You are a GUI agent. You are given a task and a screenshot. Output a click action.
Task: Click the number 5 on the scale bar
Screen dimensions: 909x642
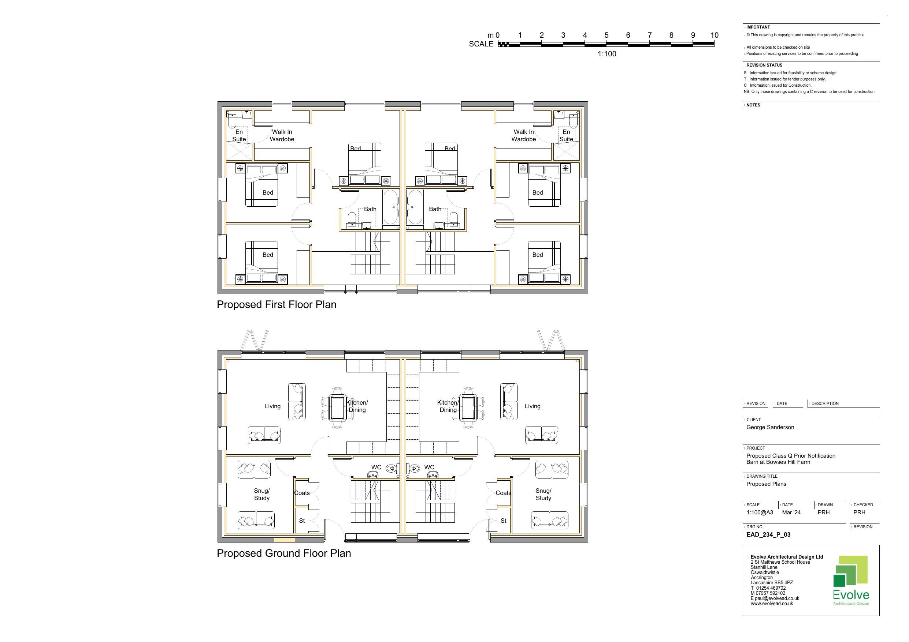pyautogui.click(x=606, y=35)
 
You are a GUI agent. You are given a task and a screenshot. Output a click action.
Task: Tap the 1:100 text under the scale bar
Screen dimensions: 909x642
pyautogui.click(x=606, y=54)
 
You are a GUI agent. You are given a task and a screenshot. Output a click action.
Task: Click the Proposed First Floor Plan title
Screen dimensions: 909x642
pyautogui.click(x=277, y=305)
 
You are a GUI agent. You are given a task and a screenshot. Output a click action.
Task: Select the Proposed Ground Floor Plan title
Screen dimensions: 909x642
pyautogui.click(x=284, y=553)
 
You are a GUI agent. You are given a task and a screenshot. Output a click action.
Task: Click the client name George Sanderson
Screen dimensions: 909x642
pyautogui.click(x=770, y=427)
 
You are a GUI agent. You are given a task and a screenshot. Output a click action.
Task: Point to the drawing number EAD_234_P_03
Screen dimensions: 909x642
pyautogui.click(x=768, y=534)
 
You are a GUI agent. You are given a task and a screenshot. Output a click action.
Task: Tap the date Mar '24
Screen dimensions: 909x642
pyautogui.click(x=791, y=512)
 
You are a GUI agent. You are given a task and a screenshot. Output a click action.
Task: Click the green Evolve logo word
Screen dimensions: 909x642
pyautogui.click(x=851, y=595)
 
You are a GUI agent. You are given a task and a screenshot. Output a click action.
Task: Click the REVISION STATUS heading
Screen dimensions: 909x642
pyautogui.click(x=764, y=65)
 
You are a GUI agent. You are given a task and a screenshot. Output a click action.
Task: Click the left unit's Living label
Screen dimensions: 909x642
pyautogui.click(x=272, y=406)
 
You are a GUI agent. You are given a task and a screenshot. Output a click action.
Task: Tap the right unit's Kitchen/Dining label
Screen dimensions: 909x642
pyautogui.click(x=448, y=406)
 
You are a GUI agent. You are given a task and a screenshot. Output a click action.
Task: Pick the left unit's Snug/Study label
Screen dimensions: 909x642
pyautogui.click(x=262, y=495)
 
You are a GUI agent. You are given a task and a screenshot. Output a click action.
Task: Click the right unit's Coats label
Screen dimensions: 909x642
pyautogui.click(x=503, y=493)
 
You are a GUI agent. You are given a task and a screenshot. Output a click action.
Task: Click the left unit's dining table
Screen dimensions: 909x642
pyautogui.click(x=337, y=408)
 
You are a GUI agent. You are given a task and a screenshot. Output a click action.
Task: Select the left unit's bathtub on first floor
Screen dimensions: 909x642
pyautogui.click(x=390, y=207)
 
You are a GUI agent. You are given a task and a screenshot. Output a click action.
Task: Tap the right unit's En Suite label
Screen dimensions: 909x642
pyautogui.click(x=566, y=136)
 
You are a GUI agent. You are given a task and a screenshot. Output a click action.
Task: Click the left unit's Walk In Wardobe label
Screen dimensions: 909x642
pyautogui.click(x=282, y=136)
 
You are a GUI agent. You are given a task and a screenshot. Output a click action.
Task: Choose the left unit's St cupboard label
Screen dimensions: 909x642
pyautogui.click(x=302, y=521)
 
